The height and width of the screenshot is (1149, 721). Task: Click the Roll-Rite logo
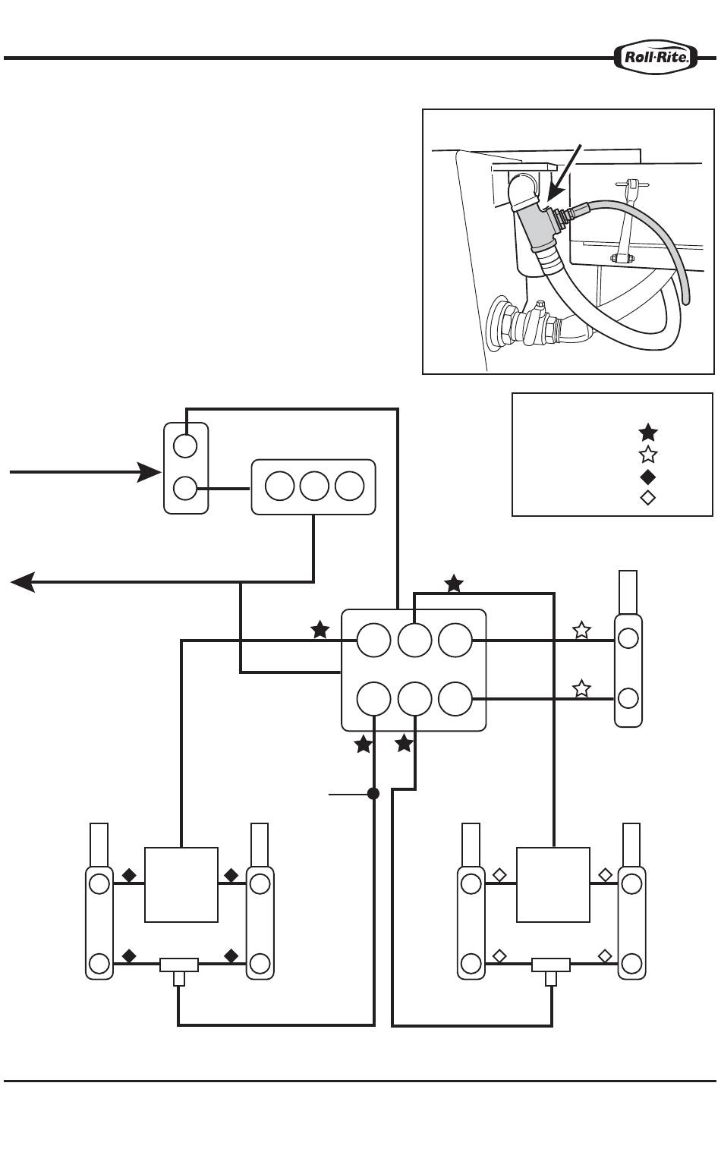pos(656,57)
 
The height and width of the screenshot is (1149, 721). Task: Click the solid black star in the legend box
pos(648,433)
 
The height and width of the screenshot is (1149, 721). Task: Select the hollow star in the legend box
pos(648,455)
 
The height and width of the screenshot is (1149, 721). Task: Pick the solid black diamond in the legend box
pos(648,477)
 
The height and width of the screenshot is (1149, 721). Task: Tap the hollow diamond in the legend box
pos(648,498)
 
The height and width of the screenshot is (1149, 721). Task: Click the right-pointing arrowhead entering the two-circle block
pos(150,472)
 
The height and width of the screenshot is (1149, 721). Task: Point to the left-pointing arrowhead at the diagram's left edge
pos(23,582)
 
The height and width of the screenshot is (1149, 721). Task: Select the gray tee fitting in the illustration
pos(538,225)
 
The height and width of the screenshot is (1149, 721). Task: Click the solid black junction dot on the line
pos(373,794)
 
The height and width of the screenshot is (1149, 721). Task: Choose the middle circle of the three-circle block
pos(314,486)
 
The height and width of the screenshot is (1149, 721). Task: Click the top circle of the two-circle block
pos(185,445)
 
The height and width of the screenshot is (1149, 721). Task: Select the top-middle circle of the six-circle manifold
pos(414,640)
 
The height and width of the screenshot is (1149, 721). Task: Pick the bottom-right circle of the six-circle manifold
pos(455,699)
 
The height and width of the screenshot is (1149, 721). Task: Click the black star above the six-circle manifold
pos(455,584)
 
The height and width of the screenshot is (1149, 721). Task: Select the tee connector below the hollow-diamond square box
pos(551,971)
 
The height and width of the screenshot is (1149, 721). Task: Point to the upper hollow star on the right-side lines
pos(581,629)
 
